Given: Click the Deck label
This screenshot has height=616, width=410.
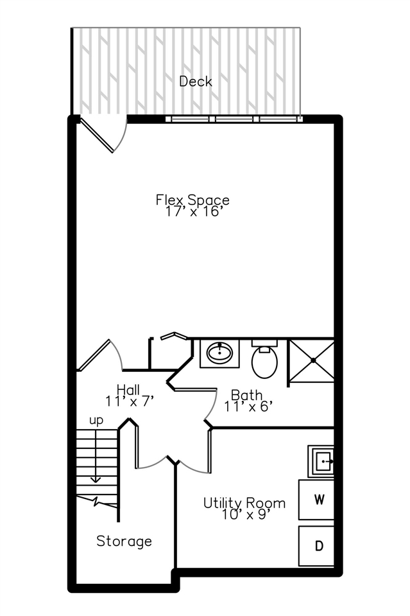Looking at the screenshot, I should [196, 82].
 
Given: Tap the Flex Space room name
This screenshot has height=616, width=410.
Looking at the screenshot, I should [192, 200].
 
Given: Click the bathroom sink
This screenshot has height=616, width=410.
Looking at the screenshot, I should [220, 353].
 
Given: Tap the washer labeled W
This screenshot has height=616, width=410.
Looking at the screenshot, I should [317, 499].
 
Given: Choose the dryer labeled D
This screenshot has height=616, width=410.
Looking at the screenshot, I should [317, 546].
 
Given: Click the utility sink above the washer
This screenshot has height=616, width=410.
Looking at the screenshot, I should [321, 461].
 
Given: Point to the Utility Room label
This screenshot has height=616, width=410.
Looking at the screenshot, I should [244, 502].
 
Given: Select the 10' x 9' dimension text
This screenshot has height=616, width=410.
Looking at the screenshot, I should [244, 514].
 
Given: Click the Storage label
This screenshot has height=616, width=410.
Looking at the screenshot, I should [124, 541].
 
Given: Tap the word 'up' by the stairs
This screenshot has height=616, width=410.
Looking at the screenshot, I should [96, 421].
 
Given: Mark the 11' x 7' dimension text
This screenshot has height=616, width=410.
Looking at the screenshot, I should [130, 401].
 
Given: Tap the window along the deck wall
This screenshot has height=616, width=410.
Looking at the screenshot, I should [234, 119].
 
